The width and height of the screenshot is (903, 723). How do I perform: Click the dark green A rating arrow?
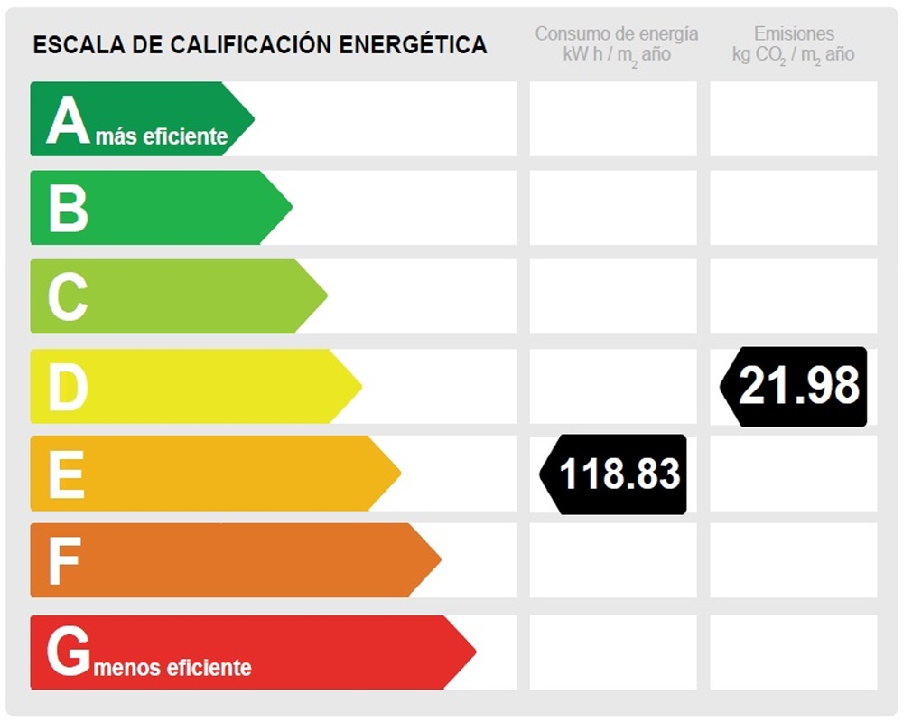tap(135, 117)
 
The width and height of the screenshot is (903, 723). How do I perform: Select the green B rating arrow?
tap(154, 207)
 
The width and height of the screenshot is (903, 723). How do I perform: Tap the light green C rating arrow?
tap(172, 296)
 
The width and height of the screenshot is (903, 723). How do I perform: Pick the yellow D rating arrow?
tap(190, 386)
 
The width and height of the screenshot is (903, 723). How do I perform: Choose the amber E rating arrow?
tap(208, 474)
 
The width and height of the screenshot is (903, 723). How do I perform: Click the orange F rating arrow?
tap(226, 560)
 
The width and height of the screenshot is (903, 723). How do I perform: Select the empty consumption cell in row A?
tap(613, 118)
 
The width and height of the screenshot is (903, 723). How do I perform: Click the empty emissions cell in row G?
tap(794, 652)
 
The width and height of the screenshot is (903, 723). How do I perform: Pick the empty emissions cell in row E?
tap(794, 473)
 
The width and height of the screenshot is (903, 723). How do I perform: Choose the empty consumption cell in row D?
tap(613, 386)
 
